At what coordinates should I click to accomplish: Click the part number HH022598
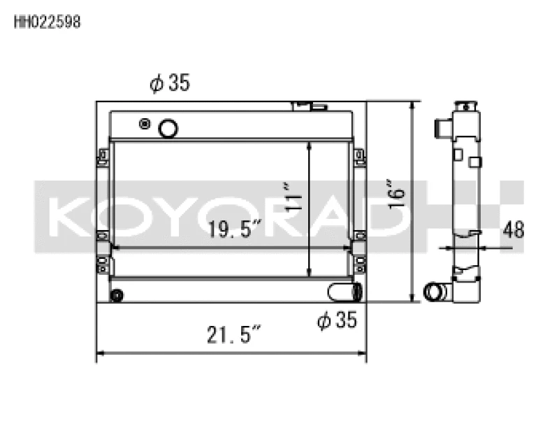[48, 22]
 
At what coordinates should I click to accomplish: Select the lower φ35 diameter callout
[337, 321]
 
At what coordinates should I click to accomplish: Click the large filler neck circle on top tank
[168, 128]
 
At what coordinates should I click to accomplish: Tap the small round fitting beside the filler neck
[145, 125]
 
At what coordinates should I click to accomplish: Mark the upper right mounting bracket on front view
[360, 157]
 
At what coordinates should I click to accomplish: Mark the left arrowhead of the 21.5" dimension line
[99, 353]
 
